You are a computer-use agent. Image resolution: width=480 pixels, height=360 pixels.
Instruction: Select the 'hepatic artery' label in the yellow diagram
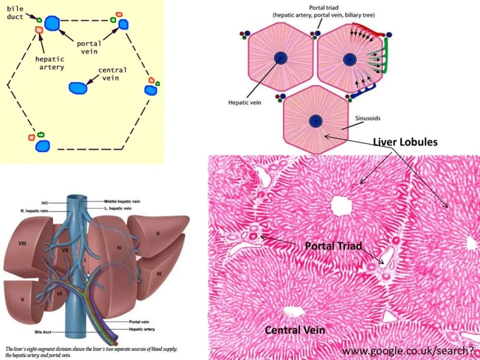(x=49, y=63)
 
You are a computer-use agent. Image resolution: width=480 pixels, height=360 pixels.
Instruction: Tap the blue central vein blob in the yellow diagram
(x=78, y=87)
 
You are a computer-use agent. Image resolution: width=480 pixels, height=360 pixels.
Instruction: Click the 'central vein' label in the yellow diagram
(x=112, y=74)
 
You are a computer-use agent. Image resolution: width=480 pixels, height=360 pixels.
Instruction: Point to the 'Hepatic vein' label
(x=245, y=102)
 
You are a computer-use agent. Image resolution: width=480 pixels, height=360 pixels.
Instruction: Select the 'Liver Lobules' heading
(x=405, y=142)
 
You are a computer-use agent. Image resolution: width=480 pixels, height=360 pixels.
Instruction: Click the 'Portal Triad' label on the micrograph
(x=333, y=246)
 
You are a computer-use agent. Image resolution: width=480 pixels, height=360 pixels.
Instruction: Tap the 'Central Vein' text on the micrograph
(x=295, y=330)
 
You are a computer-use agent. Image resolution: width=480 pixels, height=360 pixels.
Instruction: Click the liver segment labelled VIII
(x=23, y=243)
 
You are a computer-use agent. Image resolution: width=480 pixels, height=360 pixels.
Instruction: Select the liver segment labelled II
(x=157, y=234)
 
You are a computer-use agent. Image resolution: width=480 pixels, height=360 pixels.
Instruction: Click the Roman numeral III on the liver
(x=158, y=273)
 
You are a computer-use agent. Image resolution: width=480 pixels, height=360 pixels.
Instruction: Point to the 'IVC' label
(x=45, y=203)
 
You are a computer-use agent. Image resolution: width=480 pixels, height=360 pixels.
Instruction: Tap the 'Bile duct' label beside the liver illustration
(x=42, y=332)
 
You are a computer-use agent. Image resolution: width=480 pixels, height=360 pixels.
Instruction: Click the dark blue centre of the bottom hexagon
(x=315, y=121)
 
